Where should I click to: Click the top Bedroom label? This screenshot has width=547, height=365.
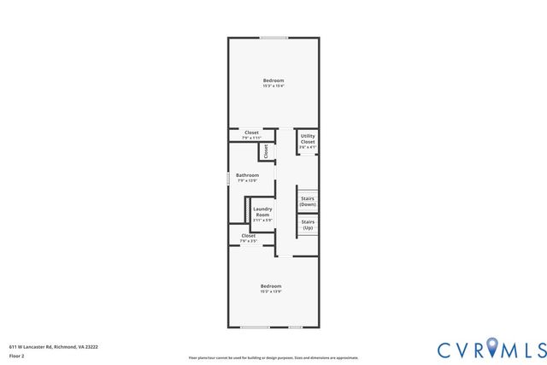273,80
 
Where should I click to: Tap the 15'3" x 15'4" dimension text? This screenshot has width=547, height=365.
273,85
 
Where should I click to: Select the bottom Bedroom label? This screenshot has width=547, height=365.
271,286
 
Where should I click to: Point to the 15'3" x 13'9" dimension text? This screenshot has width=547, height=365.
271,291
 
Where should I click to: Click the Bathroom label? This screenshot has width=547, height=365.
247,175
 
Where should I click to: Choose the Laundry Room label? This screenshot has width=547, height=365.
262,211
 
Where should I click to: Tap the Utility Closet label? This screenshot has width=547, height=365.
308,138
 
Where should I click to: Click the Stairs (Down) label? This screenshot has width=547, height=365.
308,202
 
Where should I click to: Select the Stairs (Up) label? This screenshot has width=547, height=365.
308,225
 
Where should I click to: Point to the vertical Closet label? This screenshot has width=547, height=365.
266,150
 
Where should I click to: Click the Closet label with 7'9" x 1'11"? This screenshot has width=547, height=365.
251,132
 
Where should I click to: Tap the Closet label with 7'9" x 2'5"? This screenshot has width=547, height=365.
248,235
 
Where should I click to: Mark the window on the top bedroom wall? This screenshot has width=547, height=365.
273,38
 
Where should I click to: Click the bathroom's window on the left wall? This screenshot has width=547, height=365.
228,179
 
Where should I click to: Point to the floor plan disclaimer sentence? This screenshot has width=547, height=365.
273,358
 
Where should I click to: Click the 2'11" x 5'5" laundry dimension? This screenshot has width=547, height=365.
262,220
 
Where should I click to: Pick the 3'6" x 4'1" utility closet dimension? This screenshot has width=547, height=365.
308,147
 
